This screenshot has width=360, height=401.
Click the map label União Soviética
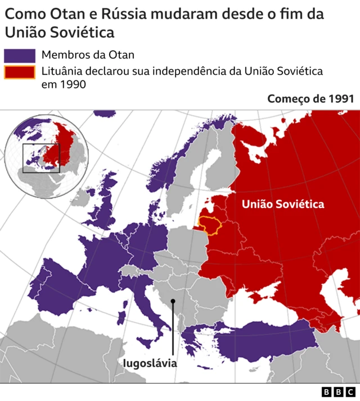click(283, 204)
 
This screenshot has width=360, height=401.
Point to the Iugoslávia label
click(150, 363)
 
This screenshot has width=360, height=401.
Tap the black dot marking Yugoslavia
click(173, 301)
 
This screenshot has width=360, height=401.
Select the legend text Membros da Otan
click(88, 55)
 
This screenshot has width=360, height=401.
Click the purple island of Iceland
click(105, 113)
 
